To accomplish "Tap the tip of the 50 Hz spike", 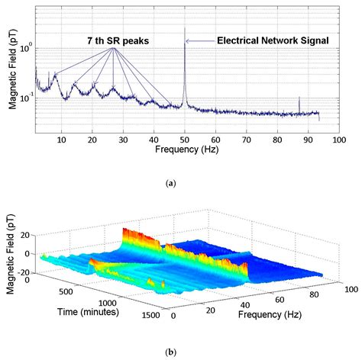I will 185,28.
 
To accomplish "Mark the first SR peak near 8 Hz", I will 55,76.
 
